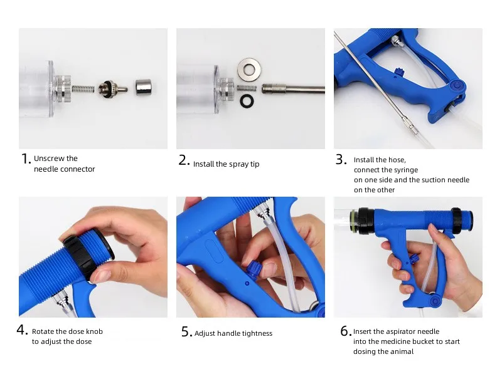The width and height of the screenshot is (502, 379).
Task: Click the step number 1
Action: pyautogui.click(x=26, y=158)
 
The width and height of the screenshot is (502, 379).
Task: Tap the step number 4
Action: pyautogui.click(x=23, y=330)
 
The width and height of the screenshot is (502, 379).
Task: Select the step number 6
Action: pyautogui.click(x=346, y=331)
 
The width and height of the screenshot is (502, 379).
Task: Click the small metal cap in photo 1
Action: pyautogui.click(x=143, y=87)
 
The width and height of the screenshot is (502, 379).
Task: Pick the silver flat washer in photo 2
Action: pyautogui.click(x=248, y=69)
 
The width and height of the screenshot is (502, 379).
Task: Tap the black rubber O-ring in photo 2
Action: pyautogui.click(x=247, y=101)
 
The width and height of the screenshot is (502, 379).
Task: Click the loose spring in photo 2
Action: pyautogui.click(x=247, y=88)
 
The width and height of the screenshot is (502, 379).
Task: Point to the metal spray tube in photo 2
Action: pyautogui.click(x=293, y=88)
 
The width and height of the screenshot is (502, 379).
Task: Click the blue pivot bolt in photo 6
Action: pyautogui.click(x=435, y=301)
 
